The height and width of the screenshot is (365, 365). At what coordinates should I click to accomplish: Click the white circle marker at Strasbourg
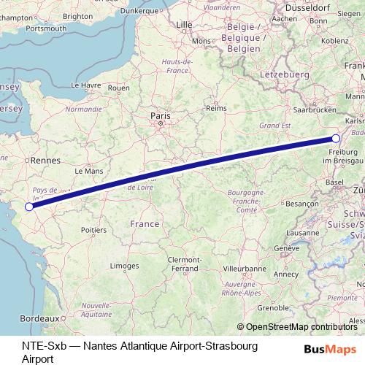(336, 138)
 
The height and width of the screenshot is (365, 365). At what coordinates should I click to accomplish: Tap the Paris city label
(159, 115)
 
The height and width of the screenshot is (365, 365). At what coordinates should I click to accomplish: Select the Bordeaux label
(40, 339)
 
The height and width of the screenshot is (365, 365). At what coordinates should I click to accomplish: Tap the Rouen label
(118, 88)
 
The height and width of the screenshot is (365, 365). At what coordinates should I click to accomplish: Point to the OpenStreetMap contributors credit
(301, 327)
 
